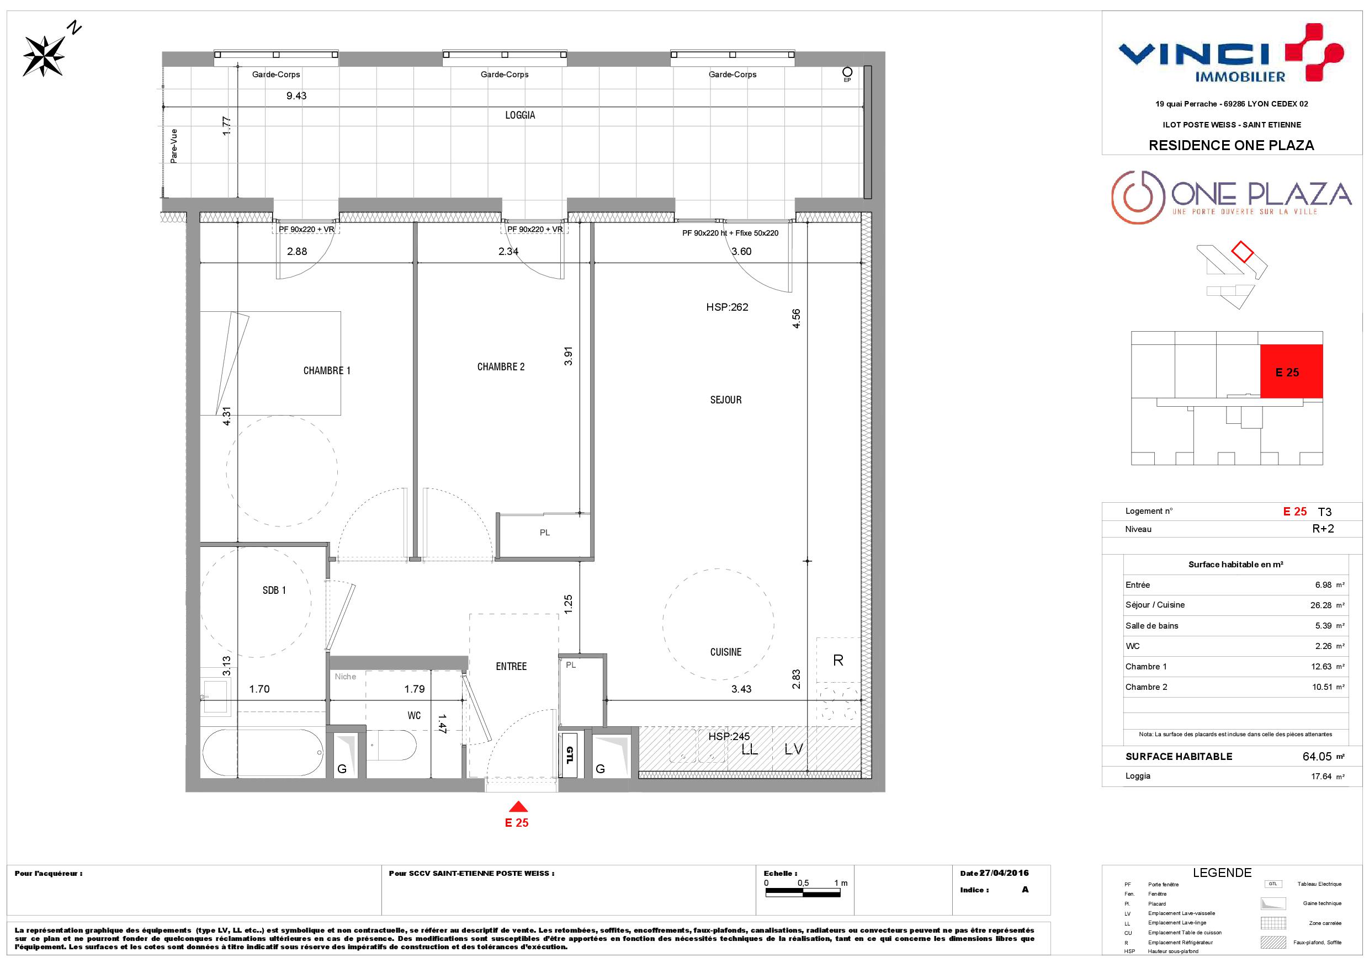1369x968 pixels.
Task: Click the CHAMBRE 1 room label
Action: pos(327,371)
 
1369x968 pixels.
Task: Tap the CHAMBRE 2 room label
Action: pos(501,367)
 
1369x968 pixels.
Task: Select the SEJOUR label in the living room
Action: pos(726,400)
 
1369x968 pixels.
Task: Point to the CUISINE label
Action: pos(726,652)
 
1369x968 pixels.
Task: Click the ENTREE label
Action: pos(512,666)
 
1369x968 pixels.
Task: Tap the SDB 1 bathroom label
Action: pos(274,590)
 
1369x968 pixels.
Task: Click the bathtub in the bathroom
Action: pos(263,753)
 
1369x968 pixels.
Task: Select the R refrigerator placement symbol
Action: pos(839,661)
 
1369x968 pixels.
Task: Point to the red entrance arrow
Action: pos(518,806)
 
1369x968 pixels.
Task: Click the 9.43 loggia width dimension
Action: pos(296,96)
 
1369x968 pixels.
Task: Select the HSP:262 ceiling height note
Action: pos(727,307)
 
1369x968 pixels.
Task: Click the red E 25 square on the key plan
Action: pos(1292,371)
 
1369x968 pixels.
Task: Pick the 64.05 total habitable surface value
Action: pos(1317,757)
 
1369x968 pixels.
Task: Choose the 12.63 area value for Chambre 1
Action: pos(1322,666)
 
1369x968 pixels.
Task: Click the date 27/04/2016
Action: pos(1005,873)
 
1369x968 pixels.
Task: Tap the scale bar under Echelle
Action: pos(803,893)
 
